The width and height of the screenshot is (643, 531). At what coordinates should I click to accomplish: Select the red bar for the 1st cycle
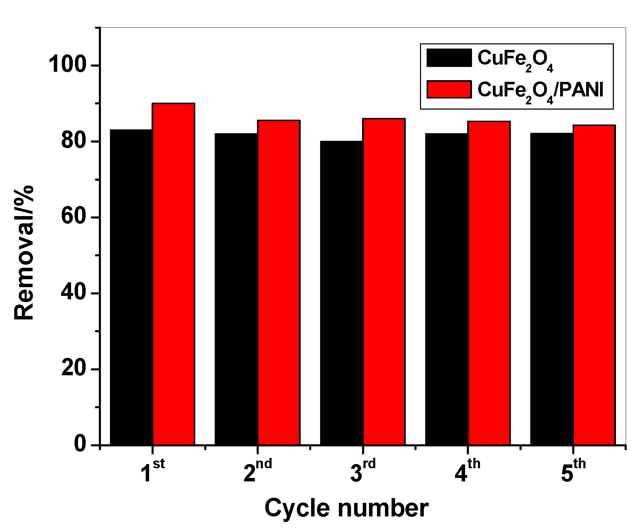(x=174, y=274)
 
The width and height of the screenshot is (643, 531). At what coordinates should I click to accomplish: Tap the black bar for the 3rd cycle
(x=341, y=293)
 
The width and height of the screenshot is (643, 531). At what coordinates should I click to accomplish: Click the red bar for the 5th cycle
(x=594, y=285)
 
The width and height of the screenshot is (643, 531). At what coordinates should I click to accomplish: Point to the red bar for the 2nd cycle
(x=279, y=282)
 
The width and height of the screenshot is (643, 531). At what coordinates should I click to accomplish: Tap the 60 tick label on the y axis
(x=74, y=217)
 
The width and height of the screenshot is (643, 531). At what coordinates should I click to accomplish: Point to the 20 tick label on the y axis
(x=74, y=369)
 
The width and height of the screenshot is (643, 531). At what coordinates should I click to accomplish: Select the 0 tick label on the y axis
(x=80, y=445)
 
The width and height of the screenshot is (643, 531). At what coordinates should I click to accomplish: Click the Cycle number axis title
(x=346, y=508)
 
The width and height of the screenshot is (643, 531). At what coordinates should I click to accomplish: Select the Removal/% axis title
(x=24, y=252)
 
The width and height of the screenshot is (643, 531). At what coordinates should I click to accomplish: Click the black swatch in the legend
(x=449, y=58)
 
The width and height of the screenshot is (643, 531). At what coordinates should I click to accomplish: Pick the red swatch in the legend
(x=449, y=89)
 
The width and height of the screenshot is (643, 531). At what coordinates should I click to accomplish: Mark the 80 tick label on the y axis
(x=74, y=141)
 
